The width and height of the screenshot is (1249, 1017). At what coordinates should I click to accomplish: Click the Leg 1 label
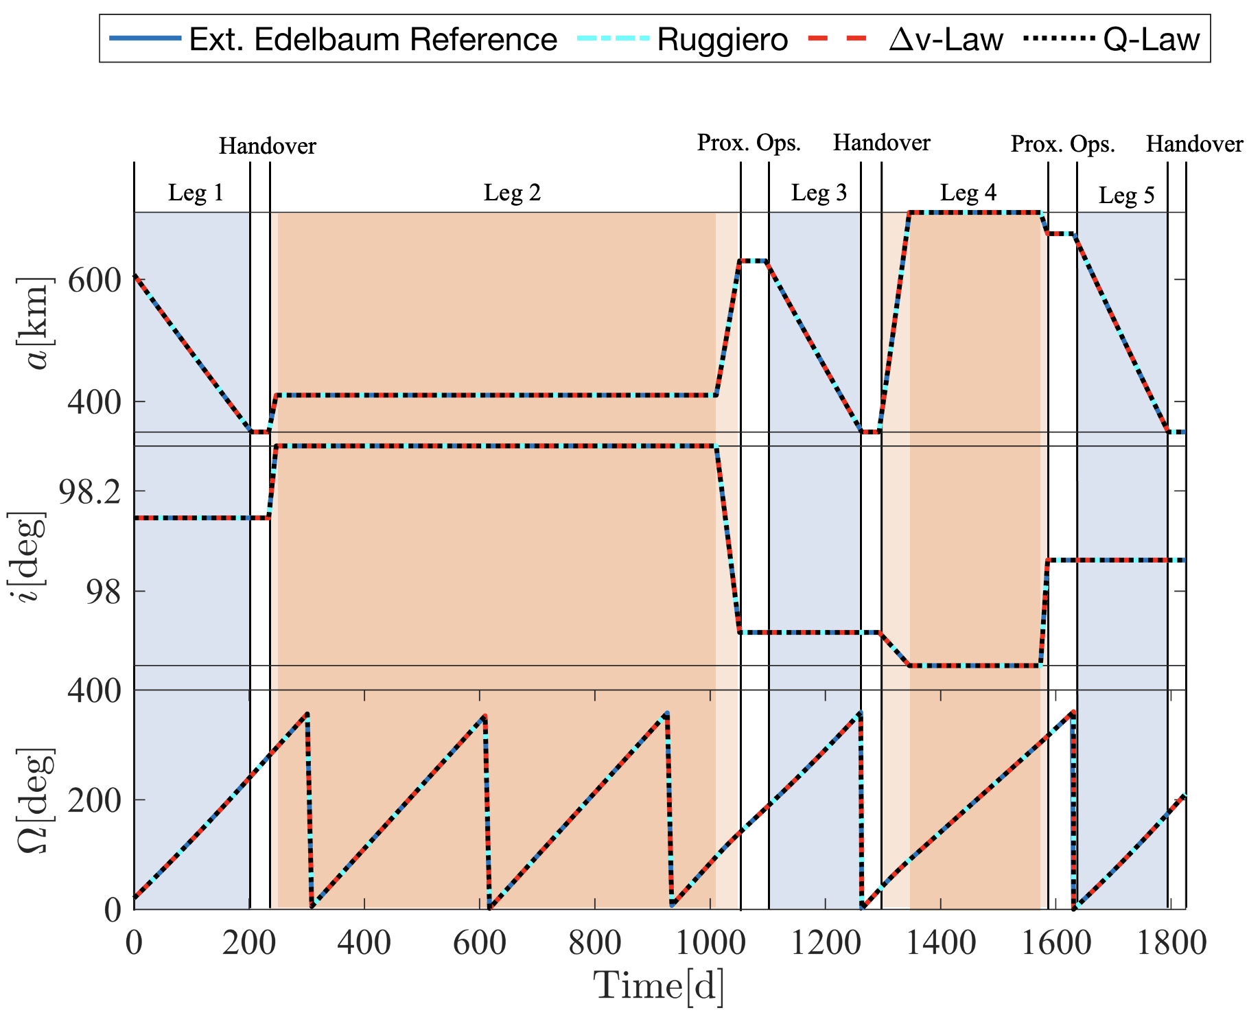point(196,194)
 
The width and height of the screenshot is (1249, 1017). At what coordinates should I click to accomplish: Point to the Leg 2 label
point(513,194)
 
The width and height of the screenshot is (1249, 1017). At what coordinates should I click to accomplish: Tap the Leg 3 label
point(819,194)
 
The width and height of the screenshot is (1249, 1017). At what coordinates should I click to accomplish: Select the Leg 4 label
point(968,194)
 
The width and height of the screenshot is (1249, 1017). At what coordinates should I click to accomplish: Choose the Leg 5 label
point(1127,196)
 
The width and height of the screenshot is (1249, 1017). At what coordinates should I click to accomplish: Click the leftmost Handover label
point(268,146)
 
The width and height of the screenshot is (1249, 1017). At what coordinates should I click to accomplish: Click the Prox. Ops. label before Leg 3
point(749,143)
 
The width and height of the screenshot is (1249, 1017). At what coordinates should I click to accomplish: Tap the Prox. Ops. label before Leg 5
point(1063,144)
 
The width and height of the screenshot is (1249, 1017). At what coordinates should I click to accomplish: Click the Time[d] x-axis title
point(659,987)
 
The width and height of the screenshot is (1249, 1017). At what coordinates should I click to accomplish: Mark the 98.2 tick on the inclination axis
point(86,491)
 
